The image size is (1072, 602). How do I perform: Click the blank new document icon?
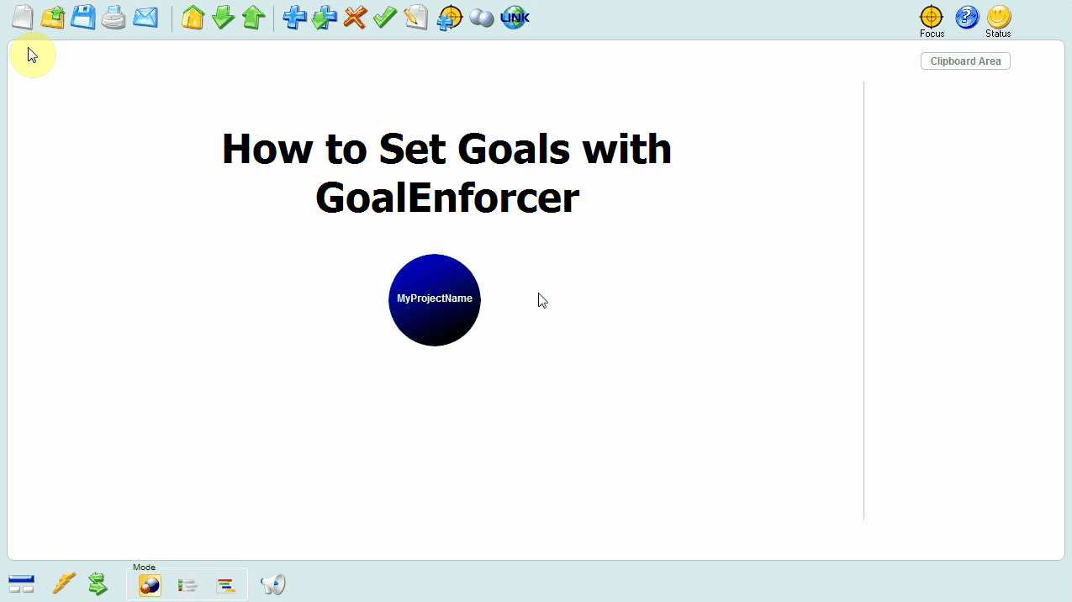(23, 17)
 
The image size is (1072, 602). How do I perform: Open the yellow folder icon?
(53, 17)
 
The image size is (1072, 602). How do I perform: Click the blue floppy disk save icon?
(82, 17)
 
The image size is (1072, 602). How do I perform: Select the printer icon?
(114, 18)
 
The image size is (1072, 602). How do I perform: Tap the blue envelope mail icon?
(145, 17)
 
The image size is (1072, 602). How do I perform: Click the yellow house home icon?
(193, 17)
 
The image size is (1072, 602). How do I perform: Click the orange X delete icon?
(355, 18)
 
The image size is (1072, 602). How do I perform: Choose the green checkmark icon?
(385, 17)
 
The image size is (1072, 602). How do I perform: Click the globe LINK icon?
(515, 18)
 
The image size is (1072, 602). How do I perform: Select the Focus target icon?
(932, 17)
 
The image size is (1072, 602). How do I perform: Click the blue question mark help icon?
(967, 17)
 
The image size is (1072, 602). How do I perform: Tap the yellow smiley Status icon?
(998, 17)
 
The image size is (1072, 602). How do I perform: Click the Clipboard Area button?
(965, 61)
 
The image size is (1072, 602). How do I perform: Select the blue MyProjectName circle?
(434, 299)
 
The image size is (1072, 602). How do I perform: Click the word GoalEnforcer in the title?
(447, 198)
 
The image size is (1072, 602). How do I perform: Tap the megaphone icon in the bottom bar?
(272, 584)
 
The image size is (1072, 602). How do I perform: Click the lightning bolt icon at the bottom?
(64, 584)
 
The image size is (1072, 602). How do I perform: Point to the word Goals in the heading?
(514, 149)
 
